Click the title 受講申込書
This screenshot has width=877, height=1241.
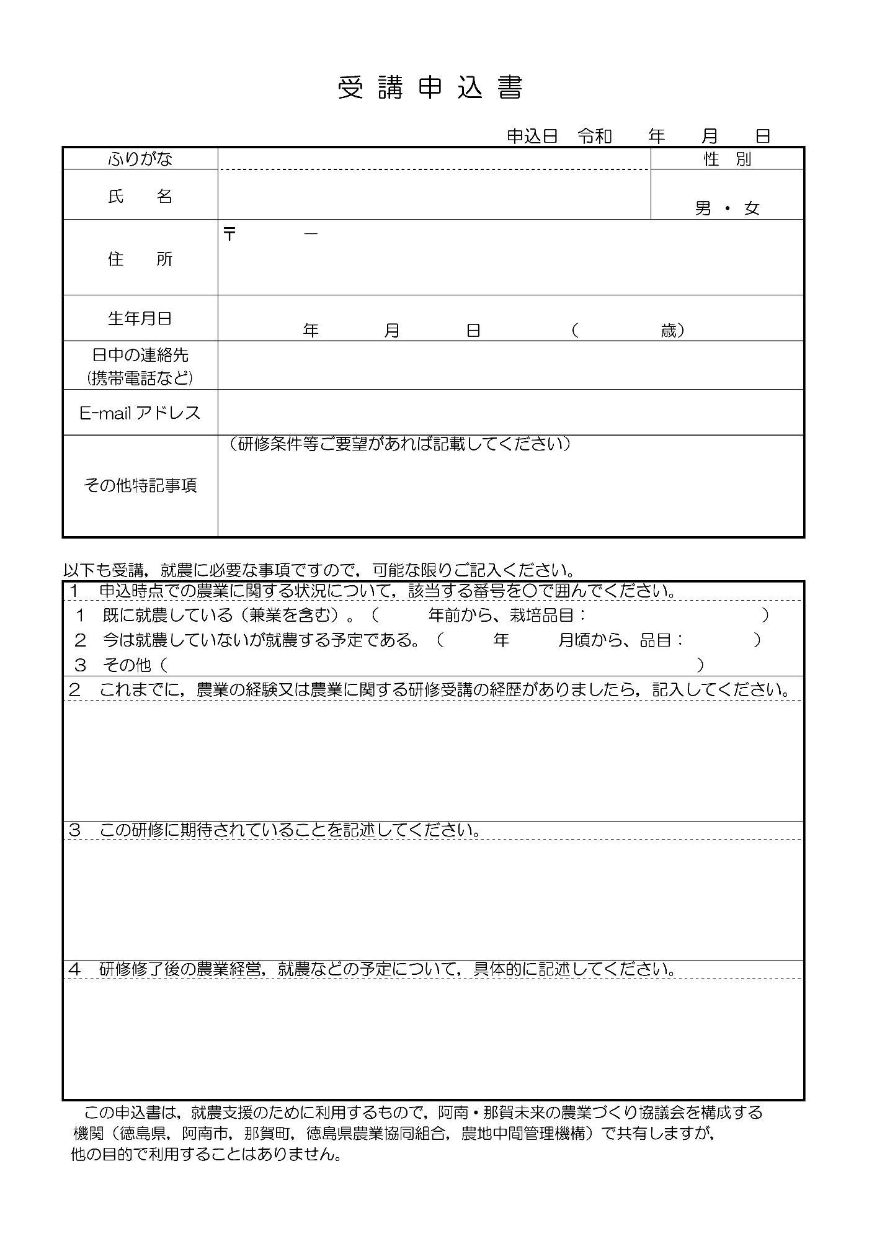coord(430,88)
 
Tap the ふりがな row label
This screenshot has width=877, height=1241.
coord(140,159)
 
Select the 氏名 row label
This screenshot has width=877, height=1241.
coord(140,197)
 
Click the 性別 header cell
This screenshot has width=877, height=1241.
coord(727,159)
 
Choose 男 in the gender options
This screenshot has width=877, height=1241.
coord(703,208)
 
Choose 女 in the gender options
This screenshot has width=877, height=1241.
coord(752,208)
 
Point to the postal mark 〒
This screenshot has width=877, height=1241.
coord(229,234)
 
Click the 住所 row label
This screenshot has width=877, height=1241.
coord(140,259)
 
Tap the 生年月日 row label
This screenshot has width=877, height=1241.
coord(140,319)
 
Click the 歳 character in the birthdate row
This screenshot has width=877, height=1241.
coord(668,331)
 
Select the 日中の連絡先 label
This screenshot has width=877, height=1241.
coord(140,356)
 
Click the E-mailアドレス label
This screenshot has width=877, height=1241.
coord(140,413)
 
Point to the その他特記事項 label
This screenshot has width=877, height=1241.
coord(140,485)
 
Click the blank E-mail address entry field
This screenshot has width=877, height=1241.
coord(510,413)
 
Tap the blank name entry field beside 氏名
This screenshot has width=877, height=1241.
coord(434,195)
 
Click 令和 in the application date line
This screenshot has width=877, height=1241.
coord(595,136)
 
